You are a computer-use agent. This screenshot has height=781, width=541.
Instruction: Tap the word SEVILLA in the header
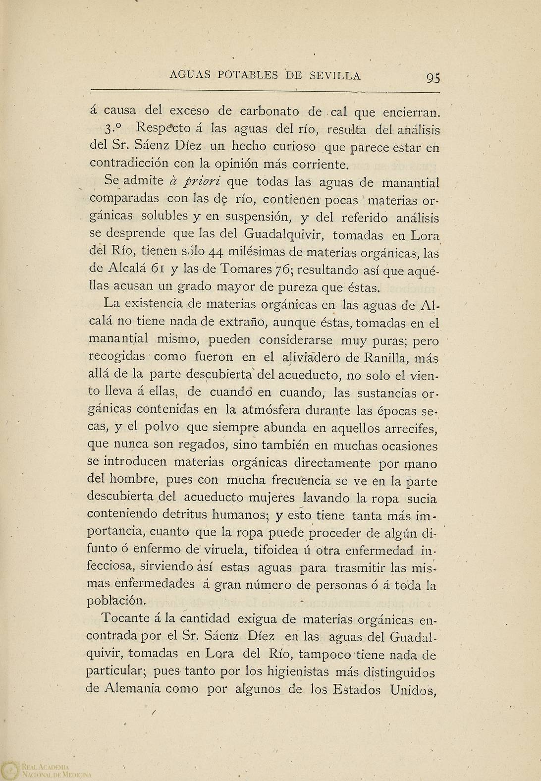point(335,76)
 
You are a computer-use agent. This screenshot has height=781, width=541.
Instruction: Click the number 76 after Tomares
point(283,270)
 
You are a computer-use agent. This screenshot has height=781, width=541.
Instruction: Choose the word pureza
point(294,287)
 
